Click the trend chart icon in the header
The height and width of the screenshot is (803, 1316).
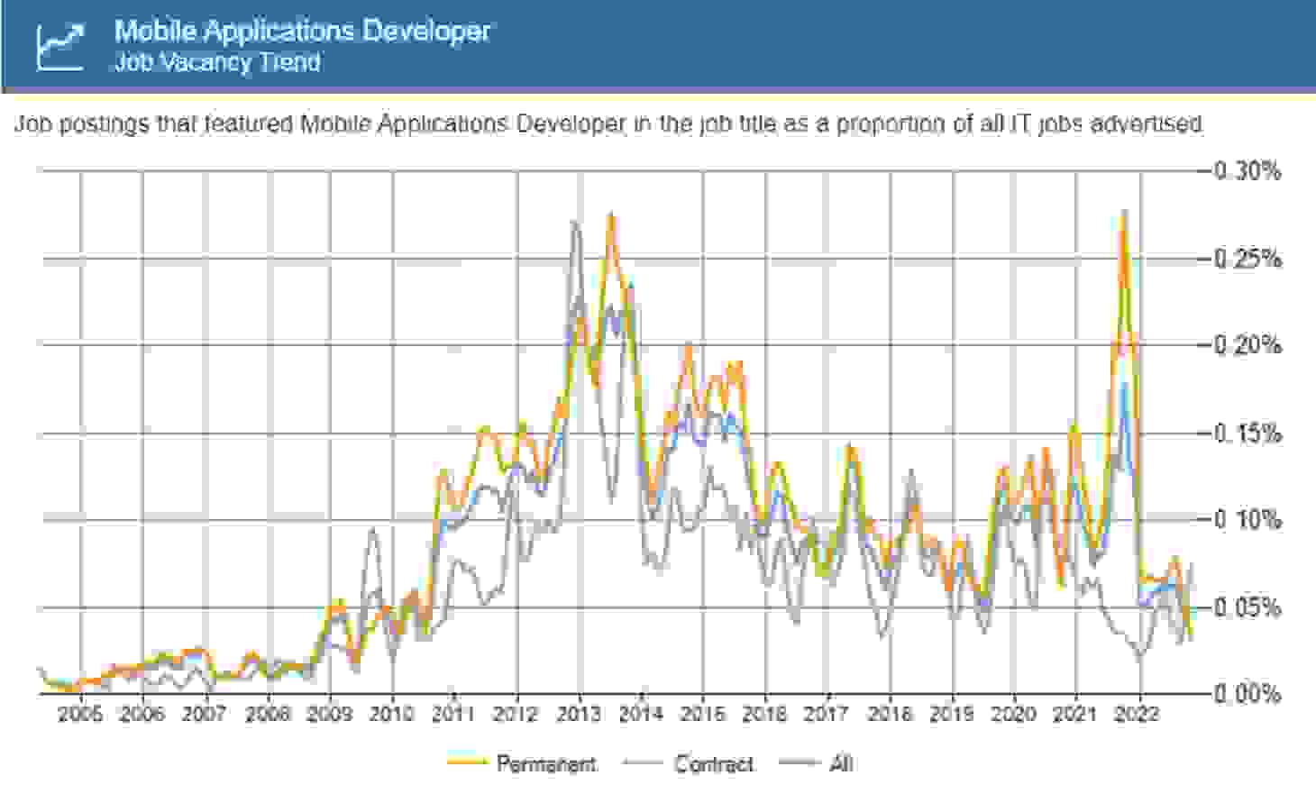(59, 46)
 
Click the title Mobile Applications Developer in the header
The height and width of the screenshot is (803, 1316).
(302, 31)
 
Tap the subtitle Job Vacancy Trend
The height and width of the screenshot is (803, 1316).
(217, 62)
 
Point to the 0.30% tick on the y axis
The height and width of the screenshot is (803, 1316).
(1247, 171)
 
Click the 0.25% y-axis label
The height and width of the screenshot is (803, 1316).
(1247, 259)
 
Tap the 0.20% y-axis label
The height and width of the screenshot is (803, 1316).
(1247, 345)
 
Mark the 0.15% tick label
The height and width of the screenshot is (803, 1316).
(1247, 433)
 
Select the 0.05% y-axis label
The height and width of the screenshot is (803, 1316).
(1247, 607)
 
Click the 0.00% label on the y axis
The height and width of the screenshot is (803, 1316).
(1247, 694)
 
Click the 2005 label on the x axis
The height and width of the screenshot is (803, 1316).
(80, 715)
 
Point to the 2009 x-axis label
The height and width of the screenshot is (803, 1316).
(329, 715)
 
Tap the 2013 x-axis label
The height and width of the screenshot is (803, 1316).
(578, 715)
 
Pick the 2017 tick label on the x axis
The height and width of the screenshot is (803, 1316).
(827, 715)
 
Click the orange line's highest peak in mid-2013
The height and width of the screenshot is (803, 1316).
(610, 215)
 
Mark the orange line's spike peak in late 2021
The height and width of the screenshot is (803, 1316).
(1123, 213)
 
